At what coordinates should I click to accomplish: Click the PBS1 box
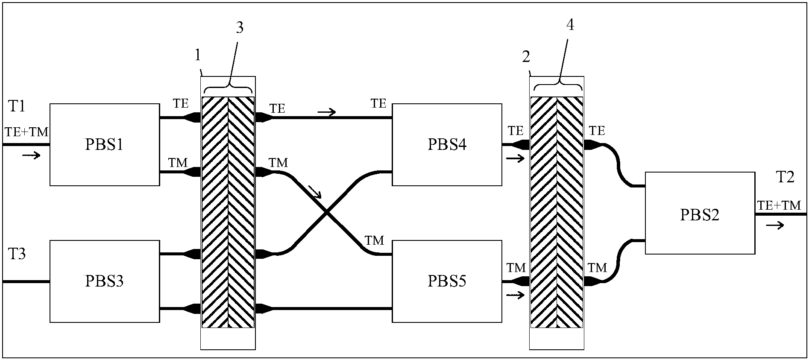point(105,145)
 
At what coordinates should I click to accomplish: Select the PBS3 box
point(105,281)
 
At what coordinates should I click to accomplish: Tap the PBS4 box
point(447,145)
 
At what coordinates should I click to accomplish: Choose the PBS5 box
point(447,281)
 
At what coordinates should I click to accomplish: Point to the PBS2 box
point(700,213)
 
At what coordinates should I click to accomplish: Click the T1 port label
point(17,106)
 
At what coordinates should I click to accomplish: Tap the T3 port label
point(17,254)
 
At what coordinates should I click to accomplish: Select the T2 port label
point(785,177)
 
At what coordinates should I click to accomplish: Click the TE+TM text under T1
point(26,132)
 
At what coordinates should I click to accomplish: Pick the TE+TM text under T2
point(779,205)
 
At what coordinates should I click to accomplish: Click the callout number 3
point(240,28)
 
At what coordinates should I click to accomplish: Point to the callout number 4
point(570,25)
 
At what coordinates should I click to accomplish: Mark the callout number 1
point(197,55)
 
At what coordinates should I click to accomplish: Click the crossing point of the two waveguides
point(327,212)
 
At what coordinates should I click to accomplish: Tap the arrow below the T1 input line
point(31,155)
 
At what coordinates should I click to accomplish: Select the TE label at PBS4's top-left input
point(378,103)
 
